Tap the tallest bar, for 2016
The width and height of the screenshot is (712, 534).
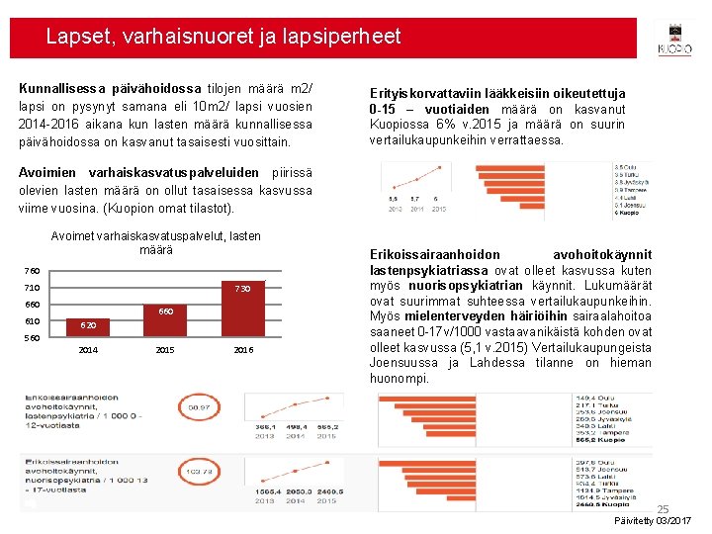pos(242,309)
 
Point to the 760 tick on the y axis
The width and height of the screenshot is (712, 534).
pos(33,270)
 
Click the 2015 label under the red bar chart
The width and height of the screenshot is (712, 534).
pos(166,350)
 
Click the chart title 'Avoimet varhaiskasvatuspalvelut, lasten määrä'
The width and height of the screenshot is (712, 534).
pos(155,243)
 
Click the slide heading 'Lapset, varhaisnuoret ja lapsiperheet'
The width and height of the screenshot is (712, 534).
pos(223,38)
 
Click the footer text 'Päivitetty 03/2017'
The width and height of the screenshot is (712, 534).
pos(653,520)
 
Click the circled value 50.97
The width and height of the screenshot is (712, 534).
pos(198,407)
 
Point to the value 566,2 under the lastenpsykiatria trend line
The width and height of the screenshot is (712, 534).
pos(327,426)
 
